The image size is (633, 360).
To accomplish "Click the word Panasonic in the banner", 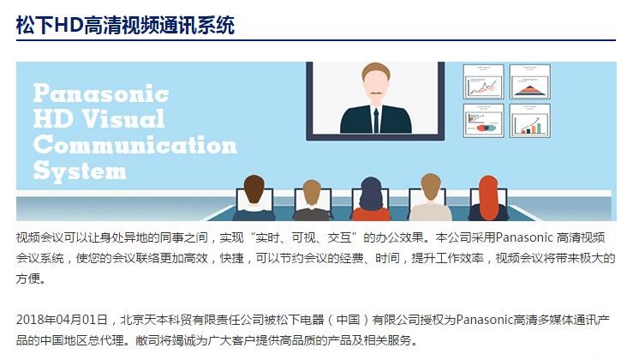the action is coord(101,93).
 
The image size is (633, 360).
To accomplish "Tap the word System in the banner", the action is coord(80,171).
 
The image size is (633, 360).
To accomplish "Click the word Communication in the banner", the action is coord(135,145).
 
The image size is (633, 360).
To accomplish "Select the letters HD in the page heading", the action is coord(69,25).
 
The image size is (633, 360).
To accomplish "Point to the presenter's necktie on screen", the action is coord(376,120).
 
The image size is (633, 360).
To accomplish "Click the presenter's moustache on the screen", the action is coord(376,93).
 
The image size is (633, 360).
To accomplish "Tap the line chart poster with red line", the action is coord(483,81).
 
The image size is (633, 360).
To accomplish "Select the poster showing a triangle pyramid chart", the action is coord(529,81).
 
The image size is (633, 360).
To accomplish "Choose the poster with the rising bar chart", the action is coord(529,120).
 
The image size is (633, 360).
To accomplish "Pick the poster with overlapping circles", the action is coord(483,120).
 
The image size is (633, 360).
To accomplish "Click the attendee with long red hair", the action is coord(488,198).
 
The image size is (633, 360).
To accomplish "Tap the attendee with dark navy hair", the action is coord(371,199).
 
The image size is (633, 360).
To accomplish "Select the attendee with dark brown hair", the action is coord(254,198).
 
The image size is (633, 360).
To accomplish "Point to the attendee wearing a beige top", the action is coord(430,197).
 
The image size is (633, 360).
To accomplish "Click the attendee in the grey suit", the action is coord(312,200).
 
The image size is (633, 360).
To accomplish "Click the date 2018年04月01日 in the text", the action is coord(62,320).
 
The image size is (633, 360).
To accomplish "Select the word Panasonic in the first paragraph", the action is coord(524,237).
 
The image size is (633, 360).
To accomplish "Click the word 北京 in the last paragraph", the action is coord(132,320).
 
